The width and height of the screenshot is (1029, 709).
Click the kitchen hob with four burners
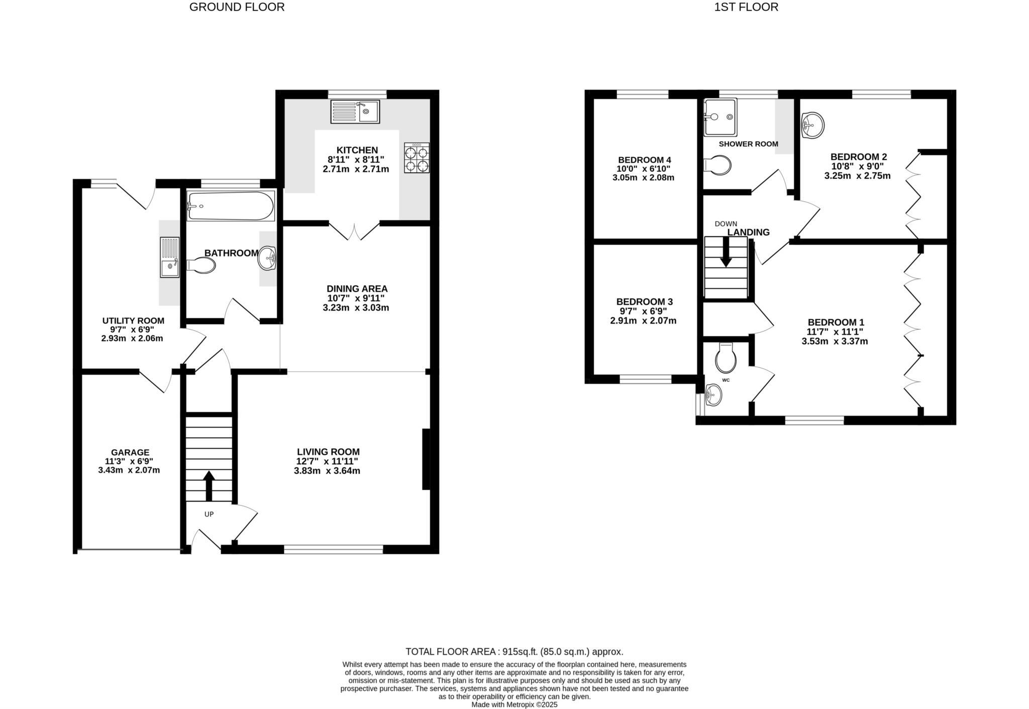(x=417, y=158)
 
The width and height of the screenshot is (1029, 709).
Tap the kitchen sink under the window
(x=355, y=112)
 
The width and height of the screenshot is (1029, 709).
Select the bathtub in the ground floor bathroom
(x=231, y=206)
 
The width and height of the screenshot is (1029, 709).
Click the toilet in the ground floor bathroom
(x=202, y=265)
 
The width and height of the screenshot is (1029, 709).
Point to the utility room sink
(x=169, y=257)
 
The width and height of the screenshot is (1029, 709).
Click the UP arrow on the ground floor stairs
(x=209, y=485)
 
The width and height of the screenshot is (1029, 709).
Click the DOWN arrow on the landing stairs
(x=726, y=251)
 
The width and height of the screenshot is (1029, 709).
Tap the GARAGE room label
(x=130, y=452)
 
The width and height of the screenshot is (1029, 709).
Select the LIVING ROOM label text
(x=328, y=452)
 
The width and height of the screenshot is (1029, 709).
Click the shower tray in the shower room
(x=720, y=117)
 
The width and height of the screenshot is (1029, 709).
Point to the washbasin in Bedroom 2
(x=812, y=125)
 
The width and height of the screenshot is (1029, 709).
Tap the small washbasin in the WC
(x=712, y=395)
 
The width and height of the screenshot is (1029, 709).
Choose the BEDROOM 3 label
(x=644, y=301)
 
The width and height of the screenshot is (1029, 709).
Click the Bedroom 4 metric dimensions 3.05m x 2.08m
(x=643, y=177)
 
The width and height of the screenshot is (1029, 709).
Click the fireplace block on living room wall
(x=426, y=459)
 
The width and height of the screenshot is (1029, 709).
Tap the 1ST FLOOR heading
(x=746, y=7)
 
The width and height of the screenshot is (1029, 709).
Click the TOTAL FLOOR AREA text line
(x=514, y=652)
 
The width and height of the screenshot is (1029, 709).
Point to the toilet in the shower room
(x=718, y=165)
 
